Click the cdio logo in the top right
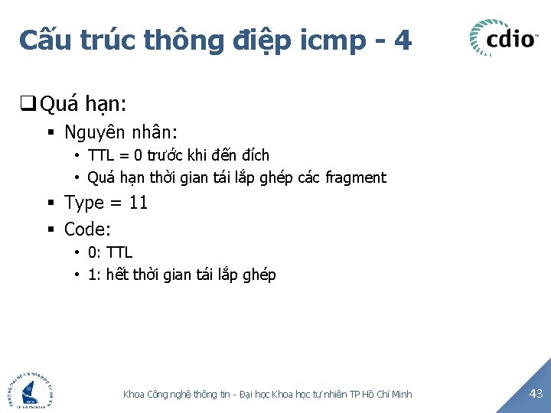pos(504,37)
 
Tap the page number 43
pos(535,393)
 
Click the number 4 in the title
pos(403,39)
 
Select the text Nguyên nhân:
pos(121,132)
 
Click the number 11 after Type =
pos(138,203)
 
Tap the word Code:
pos(88,229)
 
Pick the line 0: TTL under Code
pos(109,252)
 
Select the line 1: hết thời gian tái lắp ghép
pos(181,275)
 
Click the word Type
pos(83,203)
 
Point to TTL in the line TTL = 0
pos(100,155)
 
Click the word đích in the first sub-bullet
pos(255,155)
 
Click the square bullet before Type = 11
pos(51,203)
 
